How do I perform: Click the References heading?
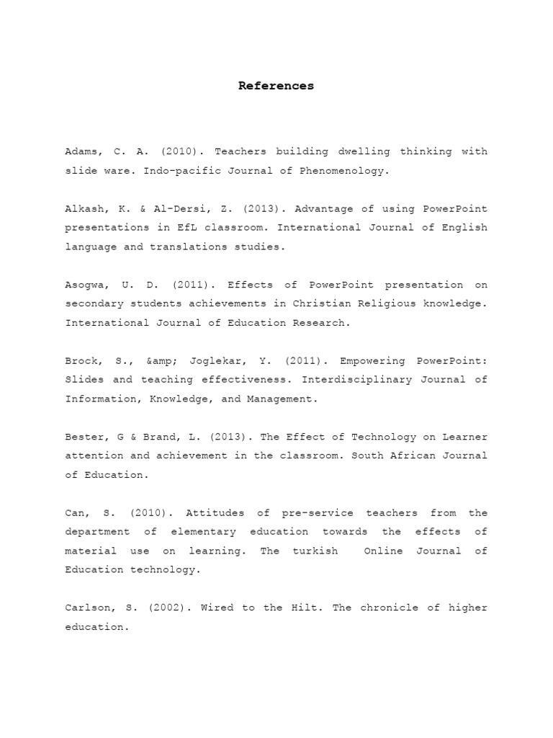pos(276,86)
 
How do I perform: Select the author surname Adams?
pos(83,152)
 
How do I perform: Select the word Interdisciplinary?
pos(368,380)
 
